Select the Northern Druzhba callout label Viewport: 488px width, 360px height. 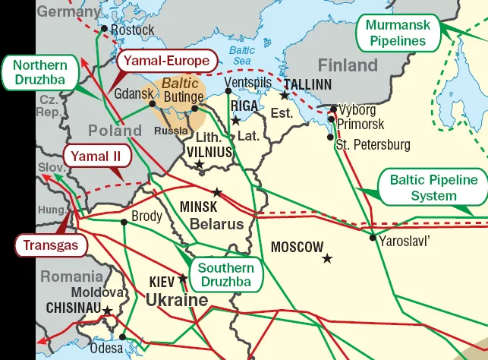coord(40,73)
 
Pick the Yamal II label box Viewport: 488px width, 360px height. coord(96,156)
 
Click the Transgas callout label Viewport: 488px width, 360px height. coord(51,245)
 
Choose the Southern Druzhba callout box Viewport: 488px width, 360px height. coord(226,274)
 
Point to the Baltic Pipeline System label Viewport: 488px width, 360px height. coord(433,188)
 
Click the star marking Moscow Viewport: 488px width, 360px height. coord(327,259)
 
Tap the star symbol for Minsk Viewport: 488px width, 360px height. coord(217,192)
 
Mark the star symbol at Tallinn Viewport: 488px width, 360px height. coord(284,96)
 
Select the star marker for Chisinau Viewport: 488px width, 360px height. coord(108,311)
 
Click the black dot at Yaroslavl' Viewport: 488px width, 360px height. coord(373,238)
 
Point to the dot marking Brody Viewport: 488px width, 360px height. coord(124,222)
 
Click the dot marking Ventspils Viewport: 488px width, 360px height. coord(228,91)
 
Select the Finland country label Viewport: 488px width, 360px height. coord(347,65)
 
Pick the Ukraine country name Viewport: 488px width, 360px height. coord(176,301)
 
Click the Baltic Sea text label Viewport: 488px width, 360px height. coord(241,56)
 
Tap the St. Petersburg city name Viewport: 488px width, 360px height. coord(373,144)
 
